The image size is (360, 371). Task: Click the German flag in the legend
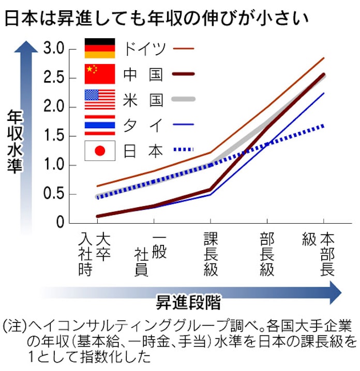[x=100, y=49]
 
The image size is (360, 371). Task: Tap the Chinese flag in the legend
[x=100, y=74]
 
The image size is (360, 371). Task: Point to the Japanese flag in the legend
[x=100, y=151]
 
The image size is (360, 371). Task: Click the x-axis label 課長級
[x=211, y=254]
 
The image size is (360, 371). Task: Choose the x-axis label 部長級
[x=267, y=254]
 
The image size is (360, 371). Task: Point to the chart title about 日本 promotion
[x=157, y=19]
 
